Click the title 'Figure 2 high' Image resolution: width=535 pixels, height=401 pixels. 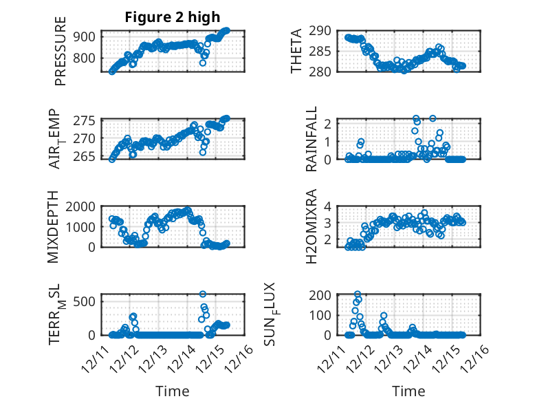tap(173, 17)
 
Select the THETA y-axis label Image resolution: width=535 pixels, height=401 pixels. tap(296, 51)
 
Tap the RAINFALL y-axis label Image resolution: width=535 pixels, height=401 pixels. tap(312, 139)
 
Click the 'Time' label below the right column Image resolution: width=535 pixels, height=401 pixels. tap(408, 391)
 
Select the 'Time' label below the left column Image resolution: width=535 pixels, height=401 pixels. tap(173, 391)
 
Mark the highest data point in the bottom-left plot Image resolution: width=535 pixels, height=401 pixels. tap(203, 294)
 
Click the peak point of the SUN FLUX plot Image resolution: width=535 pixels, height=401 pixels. tap(358, 294)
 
